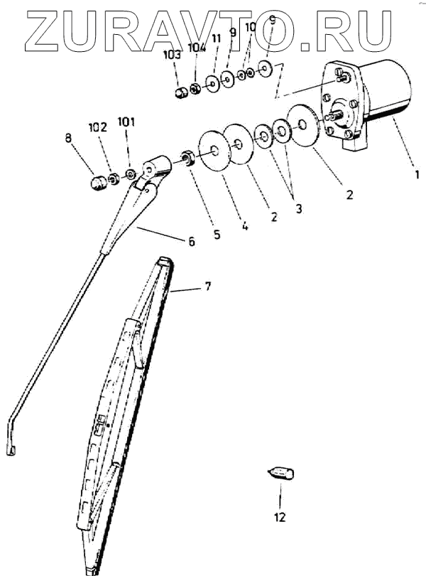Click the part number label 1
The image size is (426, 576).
pyautogui.click(x=417, y=172)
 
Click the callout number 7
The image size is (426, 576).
pyautogui.click(x=207, y=287)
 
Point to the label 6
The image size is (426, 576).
pyautogui.click(x=191, y=241)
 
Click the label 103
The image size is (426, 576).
pyautogui.click(x=173, y=54)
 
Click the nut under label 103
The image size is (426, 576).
pyautogui.click(x=182, y=91)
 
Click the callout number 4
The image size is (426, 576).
pyautogui.click(x=244, y=228)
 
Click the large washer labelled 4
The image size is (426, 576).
pyautogui.click(x=214, y=150)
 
